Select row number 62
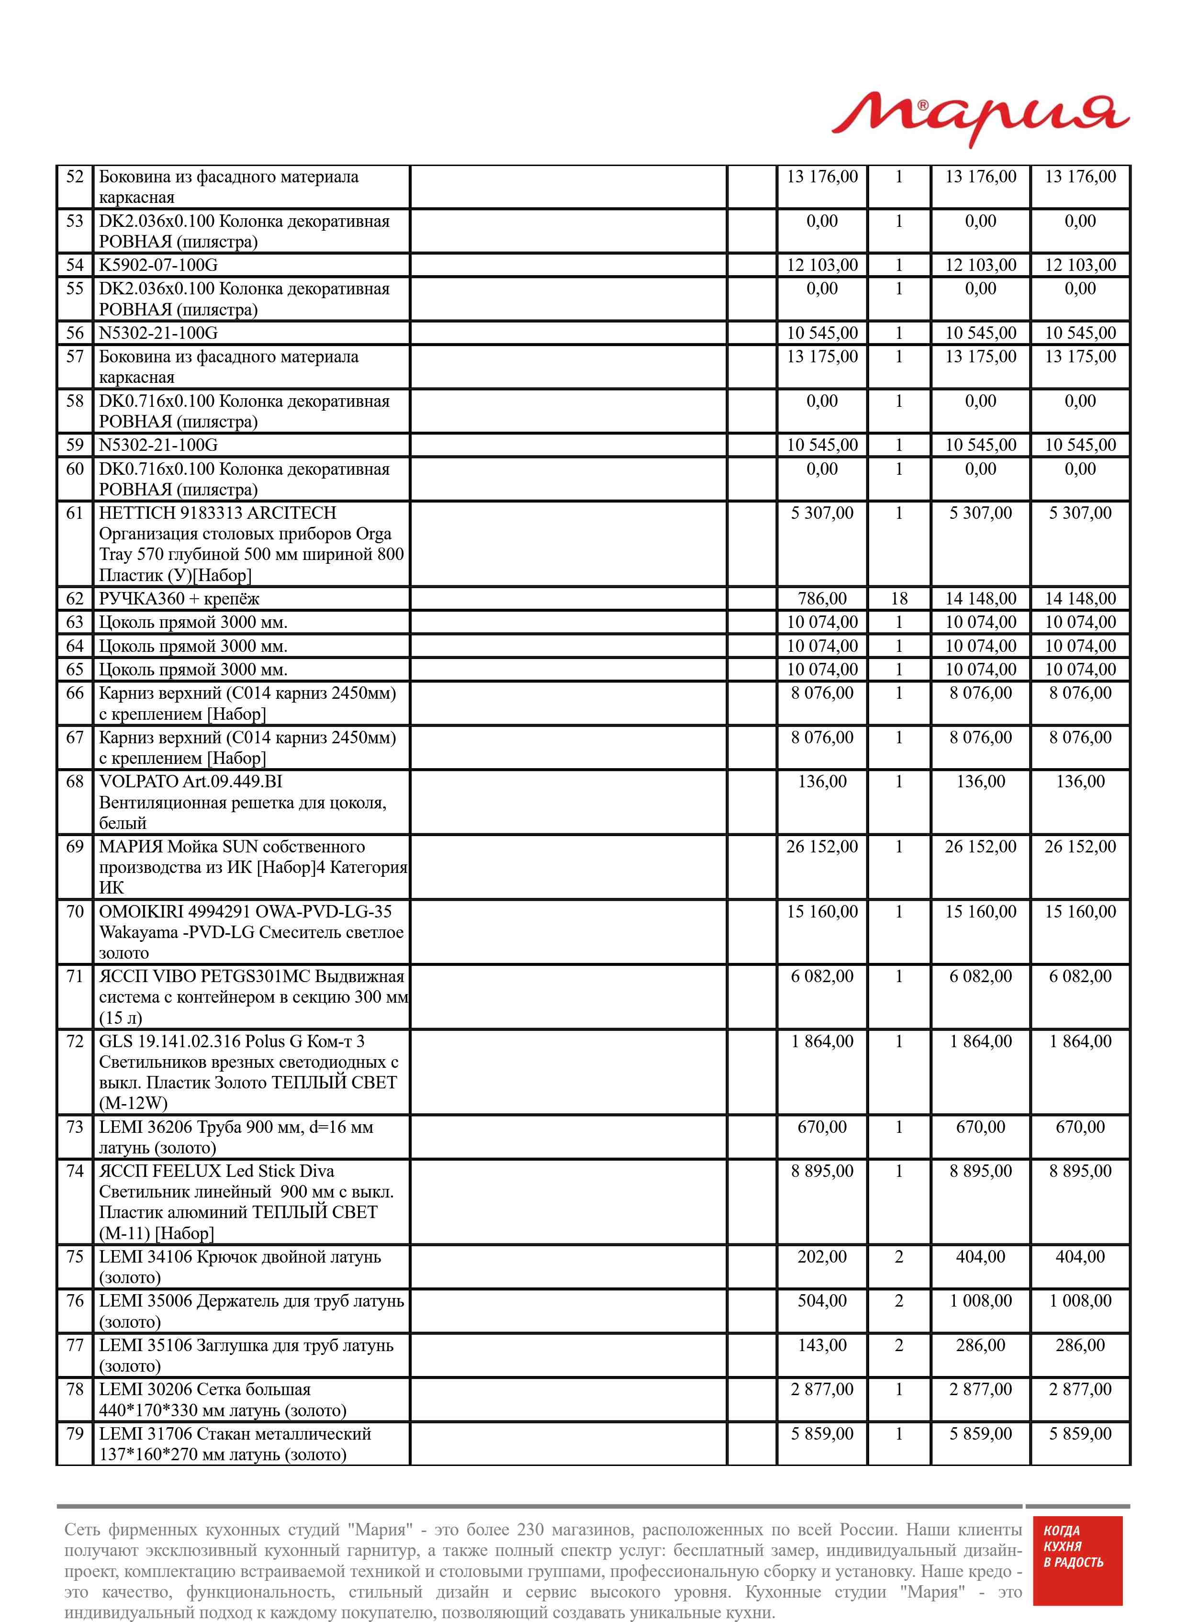[x=75, y=598]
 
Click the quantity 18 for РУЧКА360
[x=898, y=598]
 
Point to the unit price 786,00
[x=822, y=598]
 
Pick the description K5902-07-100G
[x=158, y=265]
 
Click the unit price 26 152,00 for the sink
[x=822, y=847]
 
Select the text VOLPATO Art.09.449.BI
[x=190, y=782]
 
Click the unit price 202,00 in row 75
[x=822, y=1257]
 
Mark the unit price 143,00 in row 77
[x=822, y=1345]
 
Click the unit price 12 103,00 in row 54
[x=822, y=265]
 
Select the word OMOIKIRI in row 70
[x=141, y=912]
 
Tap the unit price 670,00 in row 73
[x=822, y=1127]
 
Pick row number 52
[x=75, y=177]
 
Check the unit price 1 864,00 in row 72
[x=822, y=1041]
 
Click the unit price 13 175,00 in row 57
[x=822, y=357]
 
